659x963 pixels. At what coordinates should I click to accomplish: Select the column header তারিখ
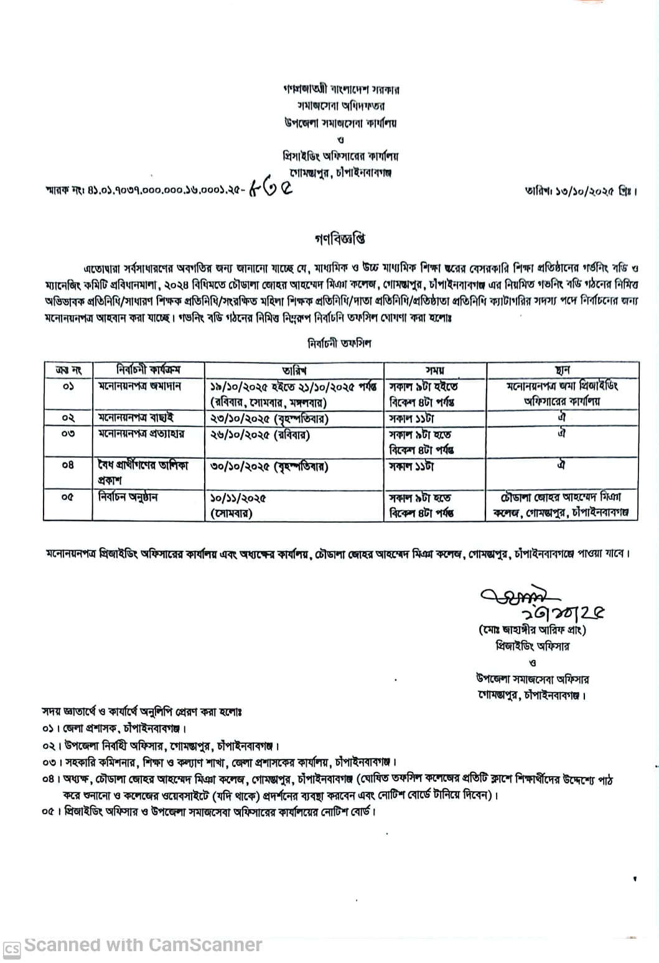pyautogui.click(x=294, y=370)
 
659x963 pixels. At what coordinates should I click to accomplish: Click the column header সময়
pyautogui.click(x=434, y=370)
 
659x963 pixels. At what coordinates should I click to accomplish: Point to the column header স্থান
pyautogui.click(x=562, y=370)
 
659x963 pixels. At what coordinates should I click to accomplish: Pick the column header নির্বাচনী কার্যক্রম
pyautogui.click(x=148, y=370)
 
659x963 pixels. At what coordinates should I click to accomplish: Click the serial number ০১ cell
pyautogui.click(x=68, y=387)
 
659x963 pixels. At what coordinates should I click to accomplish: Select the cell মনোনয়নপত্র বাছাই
pyautogui.click(x=136, y=418)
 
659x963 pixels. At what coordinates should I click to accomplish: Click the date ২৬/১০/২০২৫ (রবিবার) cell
pyautogui.click(x=260, y=435)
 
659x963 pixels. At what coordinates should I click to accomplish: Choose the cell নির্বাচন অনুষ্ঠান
pyautogui.click(x=128, y=497)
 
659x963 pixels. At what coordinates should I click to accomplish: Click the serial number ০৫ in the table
pyautogui.click(x=68, y=497)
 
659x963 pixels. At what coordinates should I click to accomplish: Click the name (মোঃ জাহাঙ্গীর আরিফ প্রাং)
pyautogui.click(x=532, y=630)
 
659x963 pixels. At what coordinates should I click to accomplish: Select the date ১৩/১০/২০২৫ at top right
pyautogui.click(x=581, y=190)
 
